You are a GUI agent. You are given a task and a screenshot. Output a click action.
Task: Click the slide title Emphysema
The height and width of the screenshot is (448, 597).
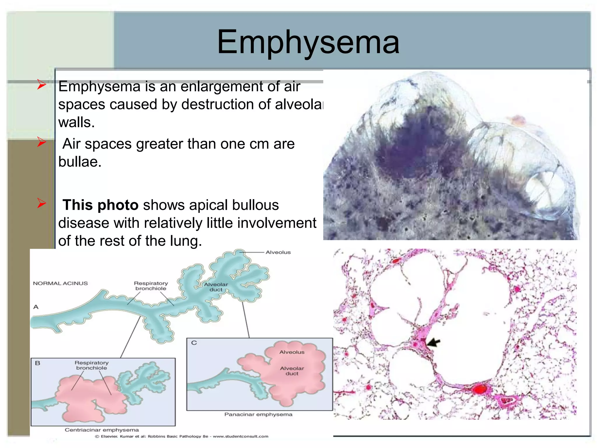(308, 42)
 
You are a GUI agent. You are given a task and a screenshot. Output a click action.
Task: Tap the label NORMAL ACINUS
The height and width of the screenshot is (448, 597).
(60, 283)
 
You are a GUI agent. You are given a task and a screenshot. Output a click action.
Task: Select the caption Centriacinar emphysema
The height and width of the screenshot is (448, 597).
(102, 430)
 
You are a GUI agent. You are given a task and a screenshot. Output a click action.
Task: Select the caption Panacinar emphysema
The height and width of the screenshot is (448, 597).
(258, 414)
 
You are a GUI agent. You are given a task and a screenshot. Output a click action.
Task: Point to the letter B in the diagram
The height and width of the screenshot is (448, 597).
(38, 363)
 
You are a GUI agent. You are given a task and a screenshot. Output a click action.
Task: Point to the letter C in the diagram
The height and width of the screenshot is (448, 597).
(194, 343)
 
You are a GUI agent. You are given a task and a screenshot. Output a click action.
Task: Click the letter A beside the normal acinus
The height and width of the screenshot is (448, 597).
(36, 307)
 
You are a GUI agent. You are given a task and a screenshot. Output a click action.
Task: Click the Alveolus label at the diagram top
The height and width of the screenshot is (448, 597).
(278, 252)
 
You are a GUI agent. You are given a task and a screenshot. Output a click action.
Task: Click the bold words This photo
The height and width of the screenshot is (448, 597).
(101, 205)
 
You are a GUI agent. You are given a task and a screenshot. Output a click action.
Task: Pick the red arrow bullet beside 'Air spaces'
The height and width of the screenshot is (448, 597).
(42, 142)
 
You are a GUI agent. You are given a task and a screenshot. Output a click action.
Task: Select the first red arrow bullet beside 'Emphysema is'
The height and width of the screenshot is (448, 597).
(42, 85)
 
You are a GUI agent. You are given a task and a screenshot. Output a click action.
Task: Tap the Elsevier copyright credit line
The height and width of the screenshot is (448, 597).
(182, 436)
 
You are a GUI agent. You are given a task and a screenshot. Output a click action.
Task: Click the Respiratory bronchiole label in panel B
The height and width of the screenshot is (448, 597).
(92, 365)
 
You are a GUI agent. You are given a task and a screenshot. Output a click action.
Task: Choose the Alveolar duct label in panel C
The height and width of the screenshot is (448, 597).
(292, 371)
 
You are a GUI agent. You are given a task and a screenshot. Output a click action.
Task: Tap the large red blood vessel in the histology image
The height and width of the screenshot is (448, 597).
(479, 389)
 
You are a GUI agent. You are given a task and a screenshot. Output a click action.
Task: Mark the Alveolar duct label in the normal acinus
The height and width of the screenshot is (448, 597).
(216, 287)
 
